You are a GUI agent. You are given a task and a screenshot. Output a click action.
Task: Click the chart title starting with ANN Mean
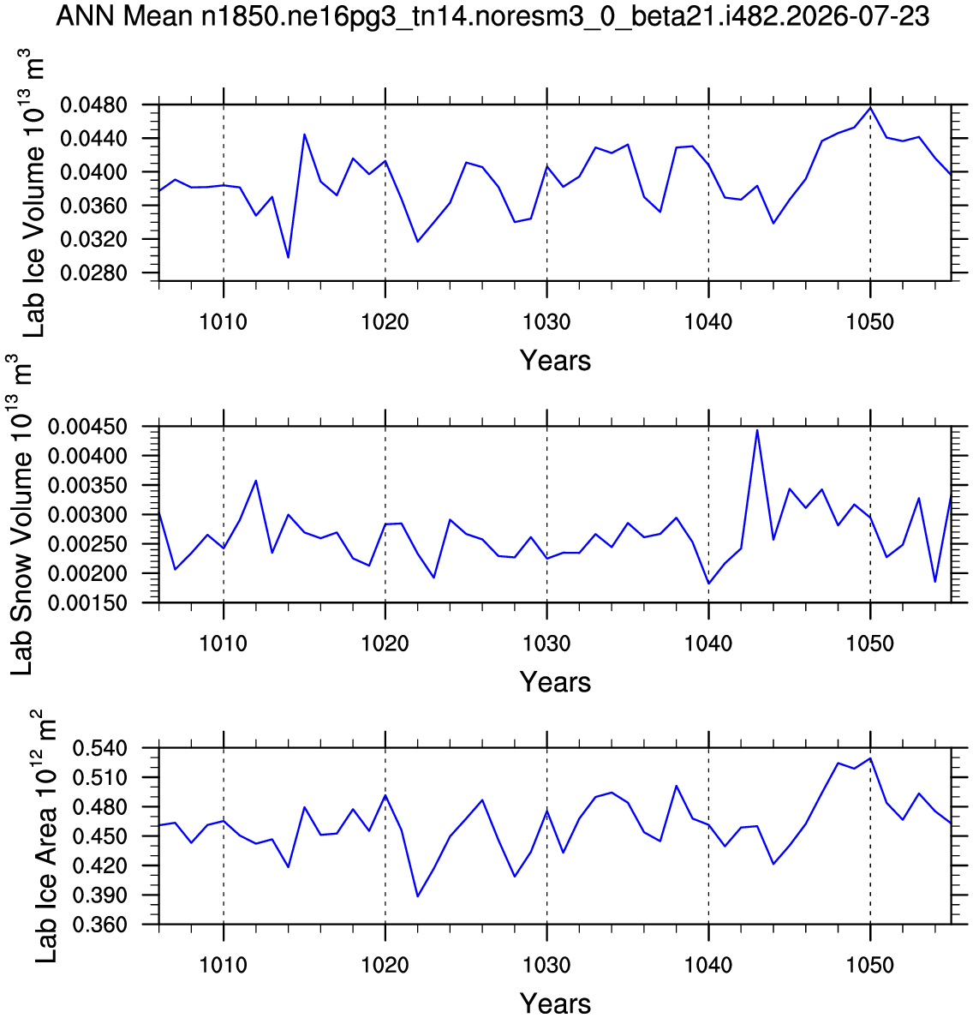click(x=492, y=16)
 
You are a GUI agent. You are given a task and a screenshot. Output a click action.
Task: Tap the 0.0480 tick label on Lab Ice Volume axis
click(x=93, y=105)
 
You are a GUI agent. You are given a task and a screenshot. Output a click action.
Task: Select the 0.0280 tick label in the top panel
click(x=93, y=273)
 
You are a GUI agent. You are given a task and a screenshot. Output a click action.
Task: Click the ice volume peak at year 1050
click(x=870, y=108)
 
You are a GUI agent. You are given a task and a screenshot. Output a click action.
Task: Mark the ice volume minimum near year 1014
click(x=288, y=258)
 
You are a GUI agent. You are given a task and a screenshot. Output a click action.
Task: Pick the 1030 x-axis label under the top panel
click(x=547, y=321)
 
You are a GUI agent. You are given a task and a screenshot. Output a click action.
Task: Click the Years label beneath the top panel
click(x=556, y=360)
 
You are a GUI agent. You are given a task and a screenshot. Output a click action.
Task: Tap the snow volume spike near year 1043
click(x=757, y=430)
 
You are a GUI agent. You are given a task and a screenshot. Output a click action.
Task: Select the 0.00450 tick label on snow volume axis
click(x=87, y=428)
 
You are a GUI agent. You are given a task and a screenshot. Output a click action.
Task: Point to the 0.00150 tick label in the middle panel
click(x=87, y=603)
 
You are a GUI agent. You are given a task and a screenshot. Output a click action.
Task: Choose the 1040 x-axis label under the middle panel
click(x=709, y=644)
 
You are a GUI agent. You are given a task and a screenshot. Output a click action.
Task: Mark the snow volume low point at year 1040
click(x=709, y=584)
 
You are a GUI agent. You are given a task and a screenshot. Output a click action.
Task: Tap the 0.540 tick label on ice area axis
click(x=99, y=749)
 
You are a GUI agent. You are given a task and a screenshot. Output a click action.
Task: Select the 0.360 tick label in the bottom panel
click(x=99, y=925)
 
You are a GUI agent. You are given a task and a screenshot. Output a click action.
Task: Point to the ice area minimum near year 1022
click(x=417, y=896)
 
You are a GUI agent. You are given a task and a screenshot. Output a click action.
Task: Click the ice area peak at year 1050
click(x=870, y=758)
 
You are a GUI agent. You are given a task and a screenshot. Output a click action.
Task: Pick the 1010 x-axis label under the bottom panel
click(x=224, y=966)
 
